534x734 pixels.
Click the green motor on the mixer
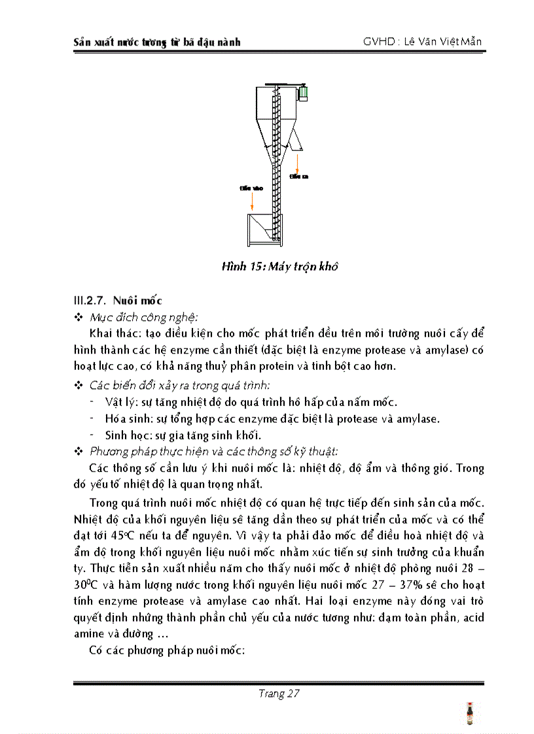[303, 93]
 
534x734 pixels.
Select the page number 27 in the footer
[293, 693]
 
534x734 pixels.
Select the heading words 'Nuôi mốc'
[137, 301]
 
